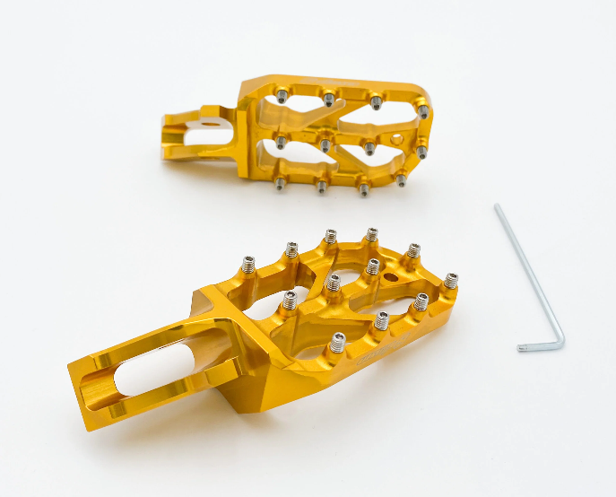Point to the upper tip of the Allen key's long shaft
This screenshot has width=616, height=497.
click(497, 207)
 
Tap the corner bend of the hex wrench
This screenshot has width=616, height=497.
click(561, 344)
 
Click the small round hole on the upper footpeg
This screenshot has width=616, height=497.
click(395, 138)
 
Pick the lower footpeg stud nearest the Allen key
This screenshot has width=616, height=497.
click(450, 280)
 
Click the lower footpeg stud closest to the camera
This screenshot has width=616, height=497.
click(338, 342)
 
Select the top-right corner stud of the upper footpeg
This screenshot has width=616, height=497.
click(422, 110)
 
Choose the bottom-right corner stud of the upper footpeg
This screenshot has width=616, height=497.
click(401, 179)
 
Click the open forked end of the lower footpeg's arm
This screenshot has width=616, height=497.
click(86, 386)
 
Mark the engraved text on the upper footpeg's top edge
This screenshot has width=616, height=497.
click(359, 87)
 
